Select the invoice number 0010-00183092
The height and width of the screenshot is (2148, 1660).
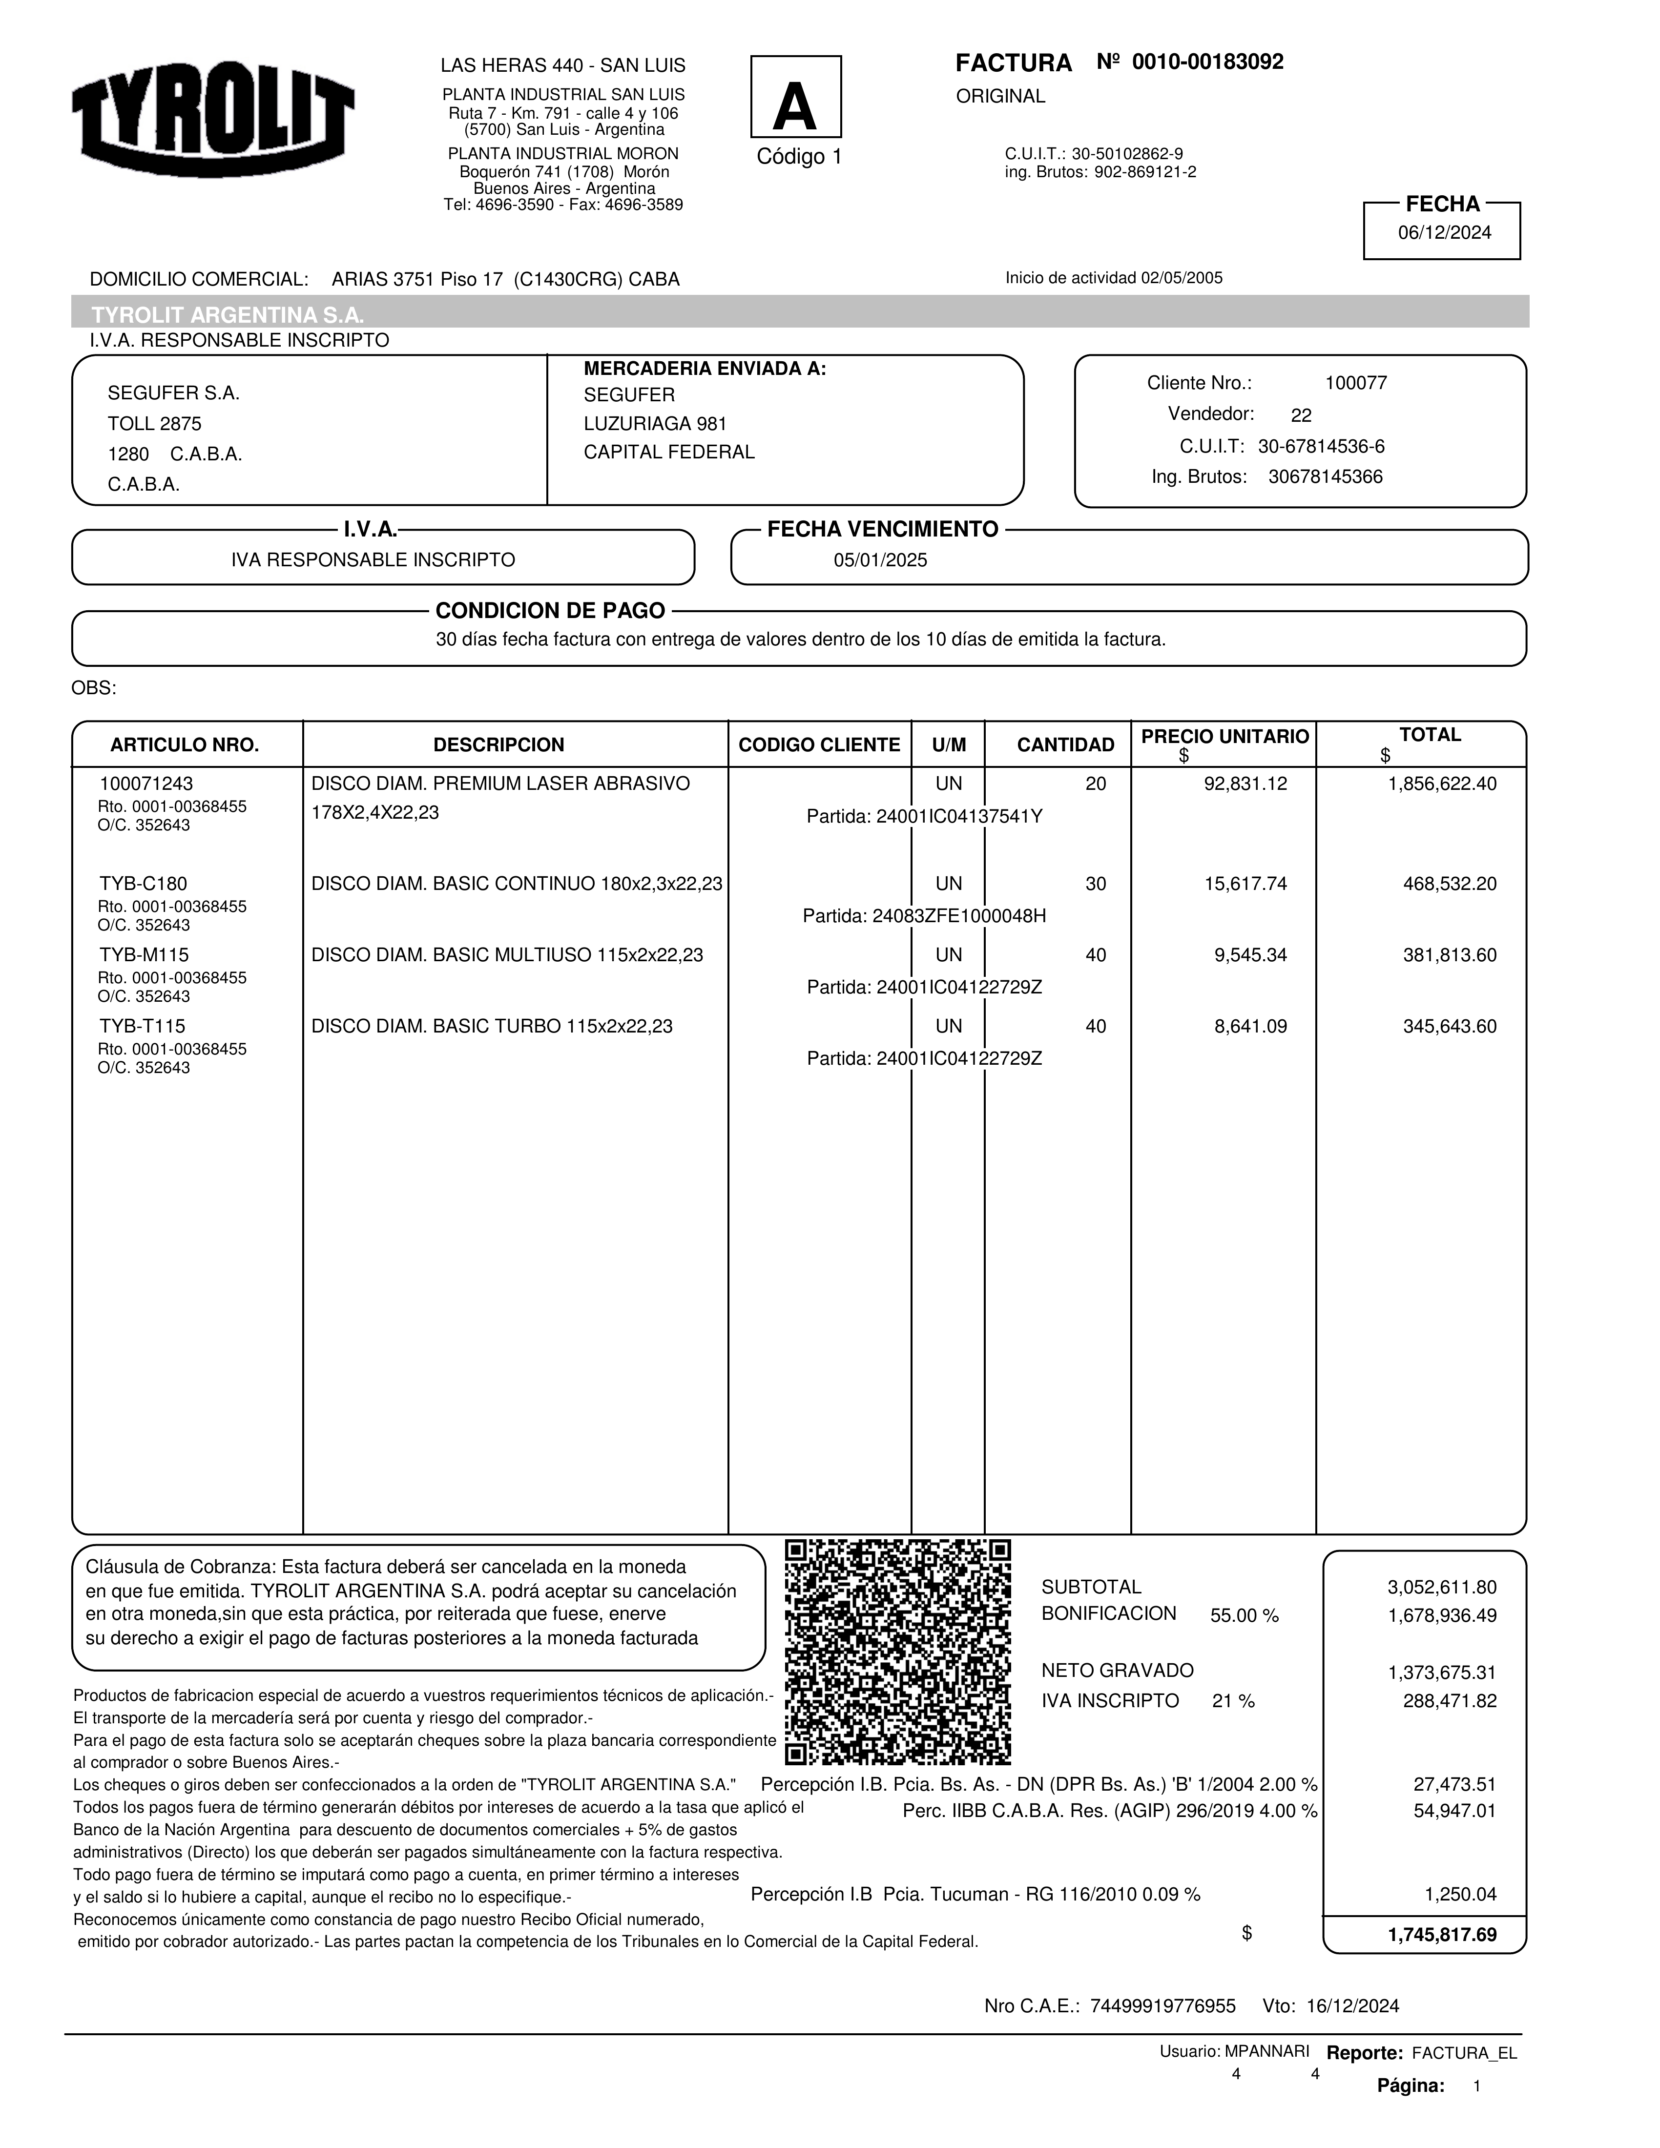(x=1207, y=62)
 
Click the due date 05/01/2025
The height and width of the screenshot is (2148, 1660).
(x=880, y=560)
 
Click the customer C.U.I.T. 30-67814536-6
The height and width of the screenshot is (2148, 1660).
(x=1321, y=447)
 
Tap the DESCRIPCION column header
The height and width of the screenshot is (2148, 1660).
(x=498, y=744)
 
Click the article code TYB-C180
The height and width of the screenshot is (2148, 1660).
(x=144, y=883)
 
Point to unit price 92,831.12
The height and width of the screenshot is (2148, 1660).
(x=1245, y=784)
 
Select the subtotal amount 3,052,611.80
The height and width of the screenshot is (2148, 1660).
(x=1442, y=1588)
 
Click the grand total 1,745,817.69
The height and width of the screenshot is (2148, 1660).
(x=1442, y=1935)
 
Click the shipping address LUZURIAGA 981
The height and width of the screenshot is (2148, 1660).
(x=655, y=424)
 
